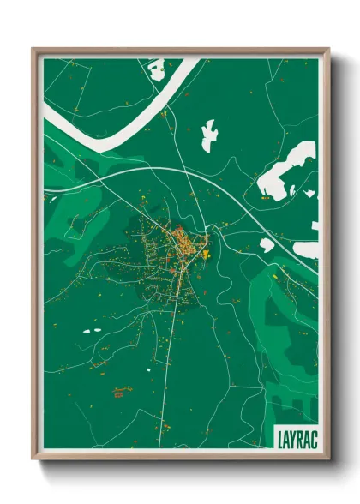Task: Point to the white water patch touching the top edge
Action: click(x=156, y=69)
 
